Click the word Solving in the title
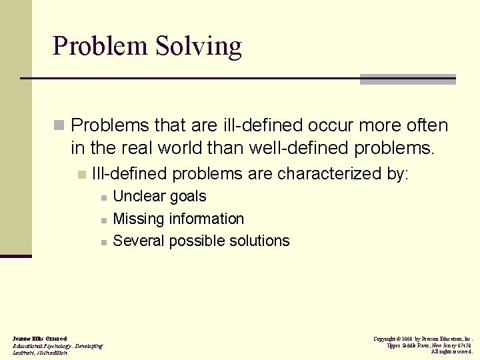click(x=199, y=47)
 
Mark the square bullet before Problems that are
click(x=59, y=125)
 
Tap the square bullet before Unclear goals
click(x=103, y=198)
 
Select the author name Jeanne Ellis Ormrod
click(x=39, y=339)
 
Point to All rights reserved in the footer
click(x=451, y=351)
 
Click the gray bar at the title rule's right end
click(x=407, y=79)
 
